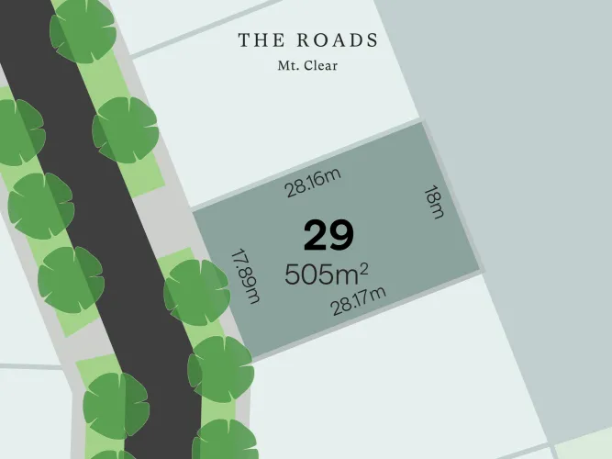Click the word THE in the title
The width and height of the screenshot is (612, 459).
tap(260, 40)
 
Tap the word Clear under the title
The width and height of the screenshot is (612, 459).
tap(320, 66)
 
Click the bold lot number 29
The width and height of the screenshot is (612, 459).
tap(328, 237)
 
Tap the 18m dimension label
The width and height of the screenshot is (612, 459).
tap(434, 202)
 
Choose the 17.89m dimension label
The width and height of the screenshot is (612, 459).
tap(246, 275)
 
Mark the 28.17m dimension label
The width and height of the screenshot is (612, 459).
tap(359, 301)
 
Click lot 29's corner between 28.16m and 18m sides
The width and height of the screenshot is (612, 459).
tap(421, 122)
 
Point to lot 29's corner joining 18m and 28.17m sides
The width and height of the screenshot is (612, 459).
tap(480, 272)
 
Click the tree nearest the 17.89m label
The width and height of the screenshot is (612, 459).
tap(196, 292)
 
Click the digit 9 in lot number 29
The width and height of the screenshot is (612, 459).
tap(341, 237)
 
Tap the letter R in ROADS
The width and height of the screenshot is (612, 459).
tap(303, 40)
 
